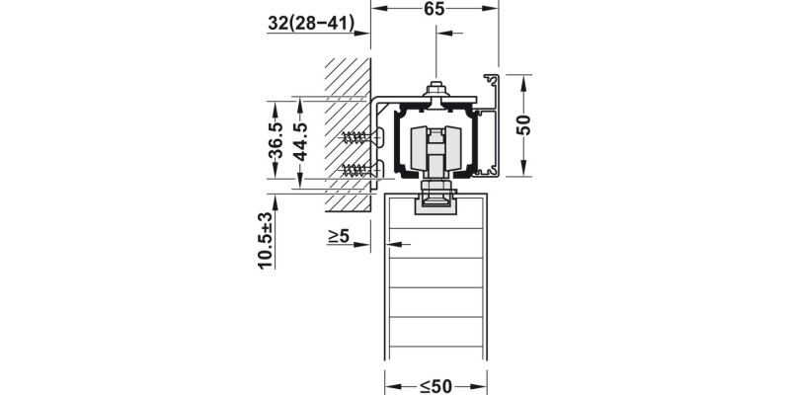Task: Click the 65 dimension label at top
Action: tap(434, 9)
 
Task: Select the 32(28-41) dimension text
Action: tap(311, 23)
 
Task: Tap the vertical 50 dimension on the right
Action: tap(524, 125)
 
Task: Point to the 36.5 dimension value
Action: tap(276, 140)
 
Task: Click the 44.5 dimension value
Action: tap(300, 141)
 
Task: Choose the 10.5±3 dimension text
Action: tap(266, 240)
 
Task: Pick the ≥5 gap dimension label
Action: tap(339, 236)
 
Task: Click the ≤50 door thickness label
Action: tap(435, 387)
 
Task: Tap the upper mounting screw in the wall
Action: tap(361, 136)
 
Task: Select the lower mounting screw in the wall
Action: tap(361, 169)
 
